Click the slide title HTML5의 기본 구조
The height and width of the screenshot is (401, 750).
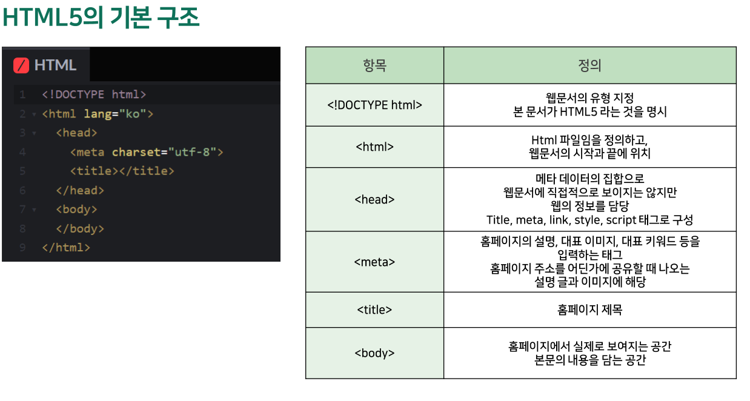tap(101, 18)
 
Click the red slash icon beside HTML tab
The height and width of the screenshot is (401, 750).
tap(21, 65)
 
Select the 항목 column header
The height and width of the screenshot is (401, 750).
tap(374, 65)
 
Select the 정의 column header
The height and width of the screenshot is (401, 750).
tap(589, 65)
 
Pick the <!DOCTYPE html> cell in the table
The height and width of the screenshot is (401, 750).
tap(374, 105)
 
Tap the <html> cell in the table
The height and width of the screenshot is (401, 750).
tap(374, 147)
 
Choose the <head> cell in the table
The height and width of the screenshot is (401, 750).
tap(374, 199)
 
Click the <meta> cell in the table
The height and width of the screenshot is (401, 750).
tap(374, 262)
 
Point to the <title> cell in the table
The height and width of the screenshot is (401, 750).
tap(374, 310)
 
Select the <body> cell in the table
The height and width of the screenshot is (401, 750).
tap(374, 353)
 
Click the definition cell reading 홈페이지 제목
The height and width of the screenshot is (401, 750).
tap(589, 310)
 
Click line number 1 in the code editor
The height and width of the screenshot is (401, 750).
tap(22, 94)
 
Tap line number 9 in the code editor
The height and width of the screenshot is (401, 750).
tap(22, 248)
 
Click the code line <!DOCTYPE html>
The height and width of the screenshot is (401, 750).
tap(94, 94)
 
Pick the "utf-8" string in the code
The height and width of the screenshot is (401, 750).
tap(192, 152)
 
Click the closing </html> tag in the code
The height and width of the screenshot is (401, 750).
tap(66, 248)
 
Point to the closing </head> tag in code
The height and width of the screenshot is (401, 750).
tap(80, 190)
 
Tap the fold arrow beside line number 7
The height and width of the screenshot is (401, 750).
tap(34, 210)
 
